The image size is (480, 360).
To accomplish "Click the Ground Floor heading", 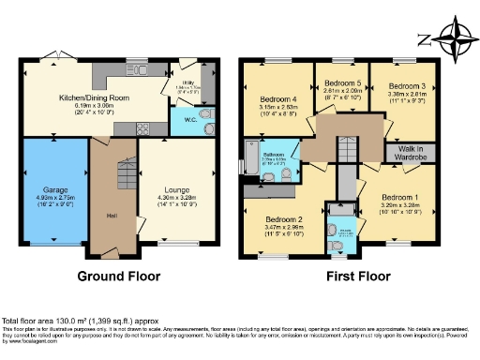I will pyautogui.click(x=118, y=278).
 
